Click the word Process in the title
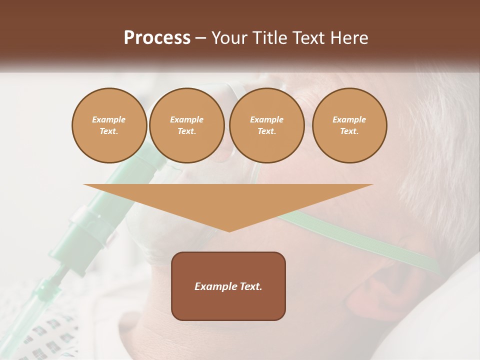(157, 38)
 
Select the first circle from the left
(109, 125)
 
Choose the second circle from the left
(186, 125)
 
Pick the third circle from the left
(266, 125)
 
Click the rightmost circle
(349, 125)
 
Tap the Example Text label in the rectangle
(228, 286)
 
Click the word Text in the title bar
(310, 38)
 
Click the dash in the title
(200, 38)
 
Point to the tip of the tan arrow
(228, 229)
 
